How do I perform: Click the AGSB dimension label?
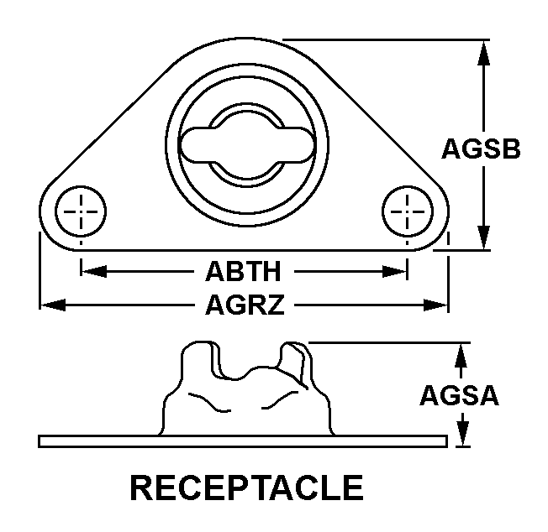point(481,149)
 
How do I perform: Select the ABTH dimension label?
point(243,271)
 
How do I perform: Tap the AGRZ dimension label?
point(245,305)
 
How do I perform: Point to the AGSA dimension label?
point(459,395)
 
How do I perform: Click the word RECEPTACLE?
point(247,488)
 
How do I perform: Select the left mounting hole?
point(81,211)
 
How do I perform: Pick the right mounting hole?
point(408,211)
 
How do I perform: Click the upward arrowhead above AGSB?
point(483,53)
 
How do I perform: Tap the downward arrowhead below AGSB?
point(483,237)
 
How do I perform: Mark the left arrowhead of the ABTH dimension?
point(94,271)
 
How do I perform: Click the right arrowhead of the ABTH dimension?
point(394,271)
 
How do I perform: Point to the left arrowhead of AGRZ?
point(53,305)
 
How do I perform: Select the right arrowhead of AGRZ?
point(435,305)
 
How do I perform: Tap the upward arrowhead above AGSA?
point(461,356)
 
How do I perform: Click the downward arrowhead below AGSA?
point(463,434)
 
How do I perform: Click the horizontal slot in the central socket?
point(247,144)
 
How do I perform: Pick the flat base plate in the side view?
point(243,441)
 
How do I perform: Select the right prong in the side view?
point(294,362)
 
